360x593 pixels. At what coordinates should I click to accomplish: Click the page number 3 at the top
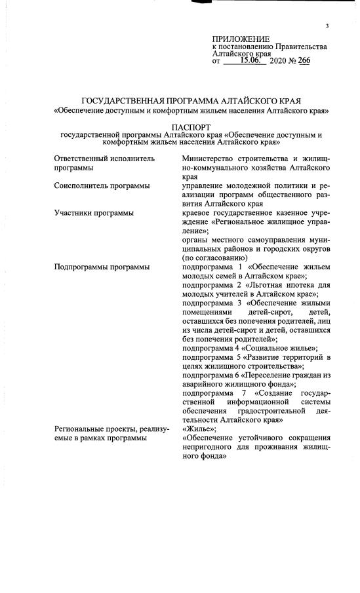click(x=326, y=26)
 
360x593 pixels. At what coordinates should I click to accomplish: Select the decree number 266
click(x=304, y=60)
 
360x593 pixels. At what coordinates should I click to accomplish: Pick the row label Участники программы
click(x=94, y=213)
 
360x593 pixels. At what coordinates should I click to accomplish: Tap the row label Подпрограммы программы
click(x=101, y=267)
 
